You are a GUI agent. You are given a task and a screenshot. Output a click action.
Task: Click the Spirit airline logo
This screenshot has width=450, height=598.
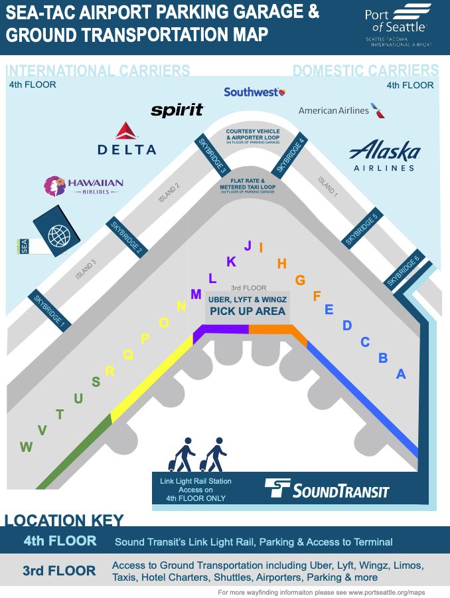tap(177, 110)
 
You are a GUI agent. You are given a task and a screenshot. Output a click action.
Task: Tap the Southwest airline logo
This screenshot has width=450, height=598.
tap(254, 92)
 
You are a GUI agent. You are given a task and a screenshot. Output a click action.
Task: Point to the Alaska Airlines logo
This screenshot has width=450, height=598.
tap(384, 155)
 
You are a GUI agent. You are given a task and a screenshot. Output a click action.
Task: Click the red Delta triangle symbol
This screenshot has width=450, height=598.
tap(126, 131)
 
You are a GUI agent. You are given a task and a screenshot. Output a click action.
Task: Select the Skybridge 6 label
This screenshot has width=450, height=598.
tap(403, 272)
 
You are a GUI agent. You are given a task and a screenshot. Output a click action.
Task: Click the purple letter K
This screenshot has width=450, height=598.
tap(231, 262)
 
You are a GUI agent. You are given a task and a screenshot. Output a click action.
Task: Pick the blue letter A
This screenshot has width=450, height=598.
tap(401, 374)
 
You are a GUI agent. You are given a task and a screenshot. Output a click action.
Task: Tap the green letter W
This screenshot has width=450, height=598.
tap(26, 447)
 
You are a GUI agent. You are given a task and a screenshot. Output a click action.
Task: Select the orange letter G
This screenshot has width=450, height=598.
tap(300, 280)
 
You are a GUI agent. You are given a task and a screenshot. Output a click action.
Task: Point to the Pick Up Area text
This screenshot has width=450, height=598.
tap(248, 311)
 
